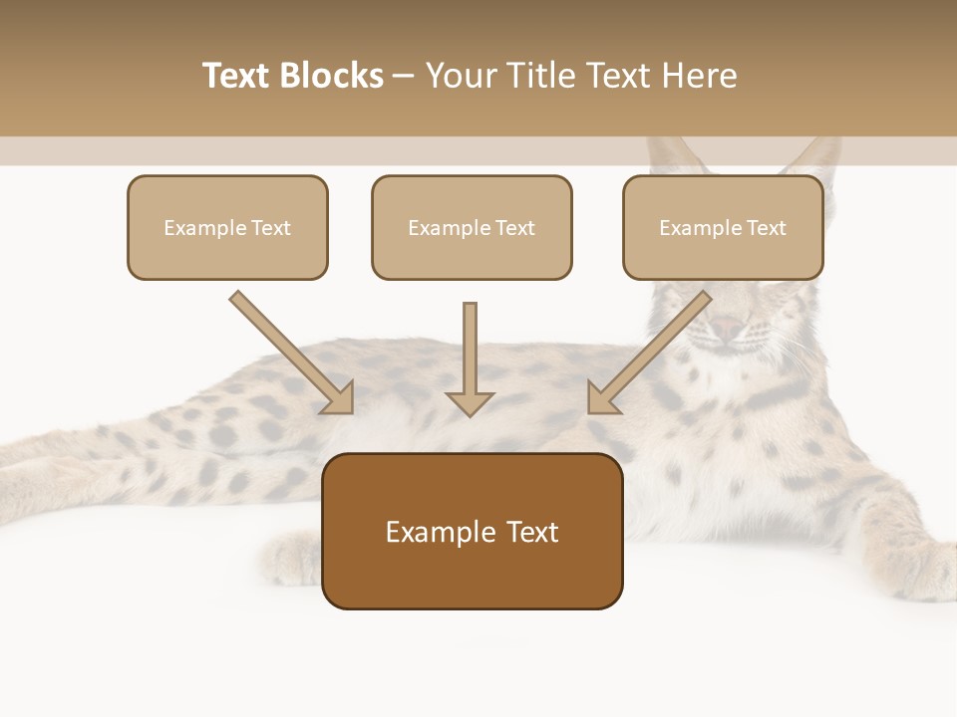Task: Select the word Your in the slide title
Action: (458, 76)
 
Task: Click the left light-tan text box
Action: (227, 252)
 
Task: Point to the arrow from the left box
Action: (294, 354)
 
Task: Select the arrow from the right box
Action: (648, 354)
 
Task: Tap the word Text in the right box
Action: (766, 228)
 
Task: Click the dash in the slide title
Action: (404, 76)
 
